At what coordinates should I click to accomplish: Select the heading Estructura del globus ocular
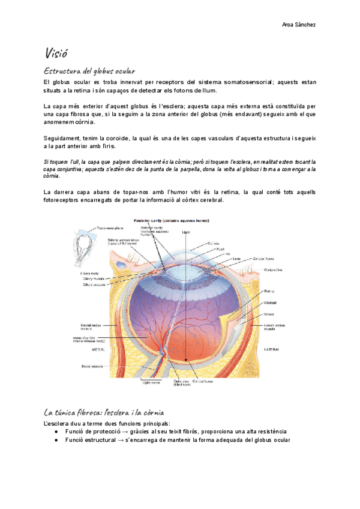point(89,71)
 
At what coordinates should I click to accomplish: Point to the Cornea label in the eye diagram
point(214,243)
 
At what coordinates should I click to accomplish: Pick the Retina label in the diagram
point(269,291)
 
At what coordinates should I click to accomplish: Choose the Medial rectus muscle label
point(91,327)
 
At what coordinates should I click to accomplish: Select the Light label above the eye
point(185,232)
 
